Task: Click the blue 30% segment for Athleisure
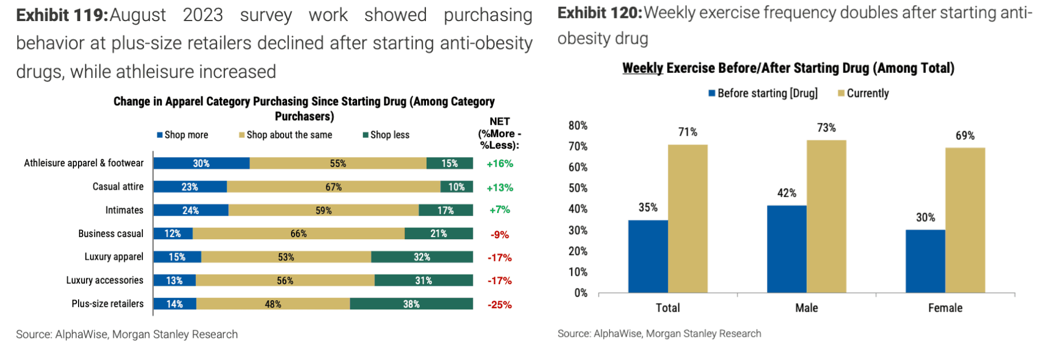[x=201, y=163]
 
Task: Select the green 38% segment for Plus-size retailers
[x=411, y=304]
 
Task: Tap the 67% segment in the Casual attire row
[x=334, y=187]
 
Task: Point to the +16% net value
[x=499, y=163]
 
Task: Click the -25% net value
[x=499, y=305]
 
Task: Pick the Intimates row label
[x=124, y=210]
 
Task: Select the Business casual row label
[x=110, y=234]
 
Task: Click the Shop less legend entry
[x=386, y=135]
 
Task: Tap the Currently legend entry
[x=863, y=93]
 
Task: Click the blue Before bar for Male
[x=786, y=249]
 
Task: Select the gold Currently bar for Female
[x=965, y=220]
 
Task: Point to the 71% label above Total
[x=687, y=132]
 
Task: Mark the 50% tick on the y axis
[x=578, y=188]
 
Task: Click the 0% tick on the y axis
[x=580, y=293]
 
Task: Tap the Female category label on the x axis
[x=945, y=308]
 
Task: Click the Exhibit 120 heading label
[x=599, y=13]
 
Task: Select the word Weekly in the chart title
[x=642, y=68]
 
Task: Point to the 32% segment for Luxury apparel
[x=422, y=257]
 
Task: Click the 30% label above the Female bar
[x=925, y=218]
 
